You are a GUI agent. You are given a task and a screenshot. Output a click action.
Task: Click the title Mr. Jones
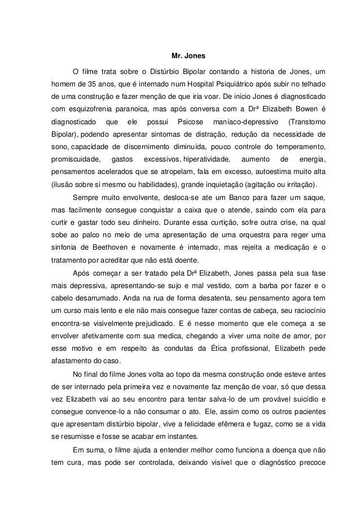tap(180, 56)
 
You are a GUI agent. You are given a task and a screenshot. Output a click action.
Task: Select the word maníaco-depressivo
tap(243, 122)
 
